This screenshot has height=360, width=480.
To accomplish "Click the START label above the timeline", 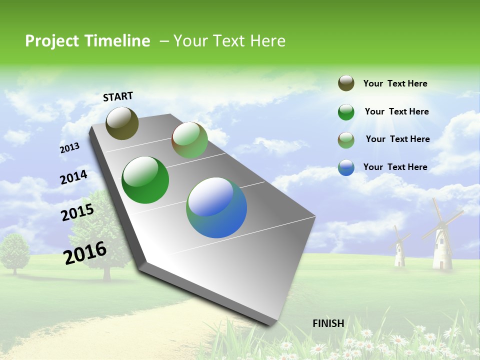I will pos(118,96).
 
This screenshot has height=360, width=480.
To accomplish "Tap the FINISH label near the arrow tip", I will pos(328,323).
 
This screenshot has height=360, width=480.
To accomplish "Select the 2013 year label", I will pos(69,148).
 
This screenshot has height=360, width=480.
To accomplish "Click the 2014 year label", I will pos(73,177).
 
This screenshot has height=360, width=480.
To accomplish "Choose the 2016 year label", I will pos(85,253).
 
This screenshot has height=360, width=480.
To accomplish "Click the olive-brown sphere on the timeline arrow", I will pos(122,123).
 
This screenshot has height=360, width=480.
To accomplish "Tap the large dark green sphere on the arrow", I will pos(145,180).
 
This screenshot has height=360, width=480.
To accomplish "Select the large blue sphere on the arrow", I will pos(216,207).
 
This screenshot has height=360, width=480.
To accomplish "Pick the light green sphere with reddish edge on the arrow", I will pos(189,140).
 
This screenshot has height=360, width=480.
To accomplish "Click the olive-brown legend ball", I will pos(346,83).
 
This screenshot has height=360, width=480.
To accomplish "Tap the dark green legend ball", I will pos(346,112).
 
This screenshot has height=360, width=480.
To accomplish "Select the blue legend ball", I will pos(346,167).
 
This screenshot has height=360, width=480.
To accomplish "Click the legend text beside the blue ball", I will pos(395,167).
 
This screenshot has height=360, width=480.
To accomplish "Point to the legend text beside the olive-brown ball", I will pos(395,83).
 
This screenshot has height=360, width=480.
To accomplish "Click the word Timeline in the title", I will pos(118,41).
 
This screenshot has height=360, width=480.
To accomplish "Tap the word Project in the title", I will pos(51,41).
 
